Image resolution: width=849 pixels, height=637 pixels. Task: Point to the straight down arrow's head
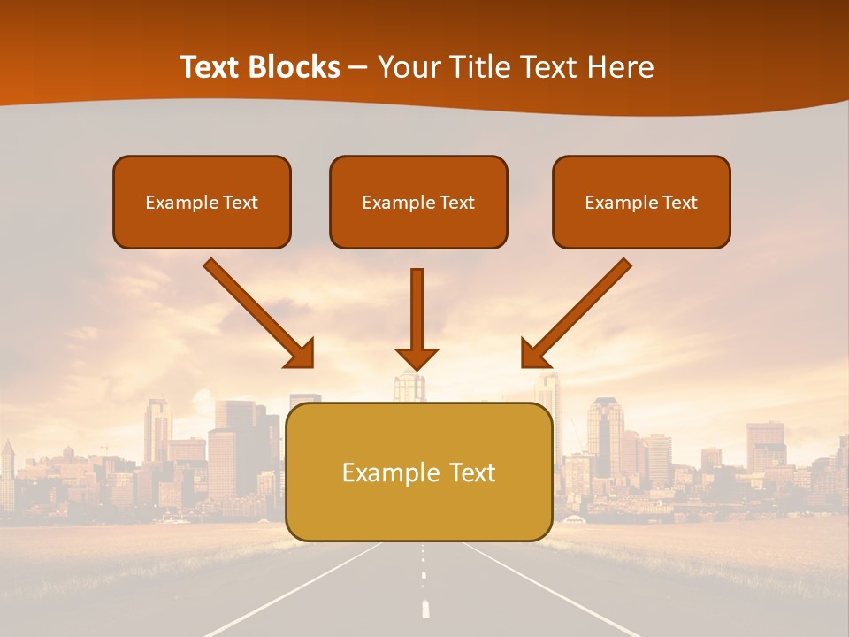click(x=417, y=358)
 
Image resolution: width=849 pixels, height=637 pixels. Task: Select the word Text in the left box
click(x=241, y=203)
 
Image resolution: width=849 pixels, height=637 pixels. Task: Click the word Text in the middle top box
click(x=457, y=203)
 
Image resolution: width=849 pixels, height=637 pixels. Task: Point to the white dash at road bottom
click(x=425, y=608)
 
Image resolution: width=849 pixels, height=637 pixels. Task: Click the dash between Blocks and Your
click(x=359, y=68)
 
